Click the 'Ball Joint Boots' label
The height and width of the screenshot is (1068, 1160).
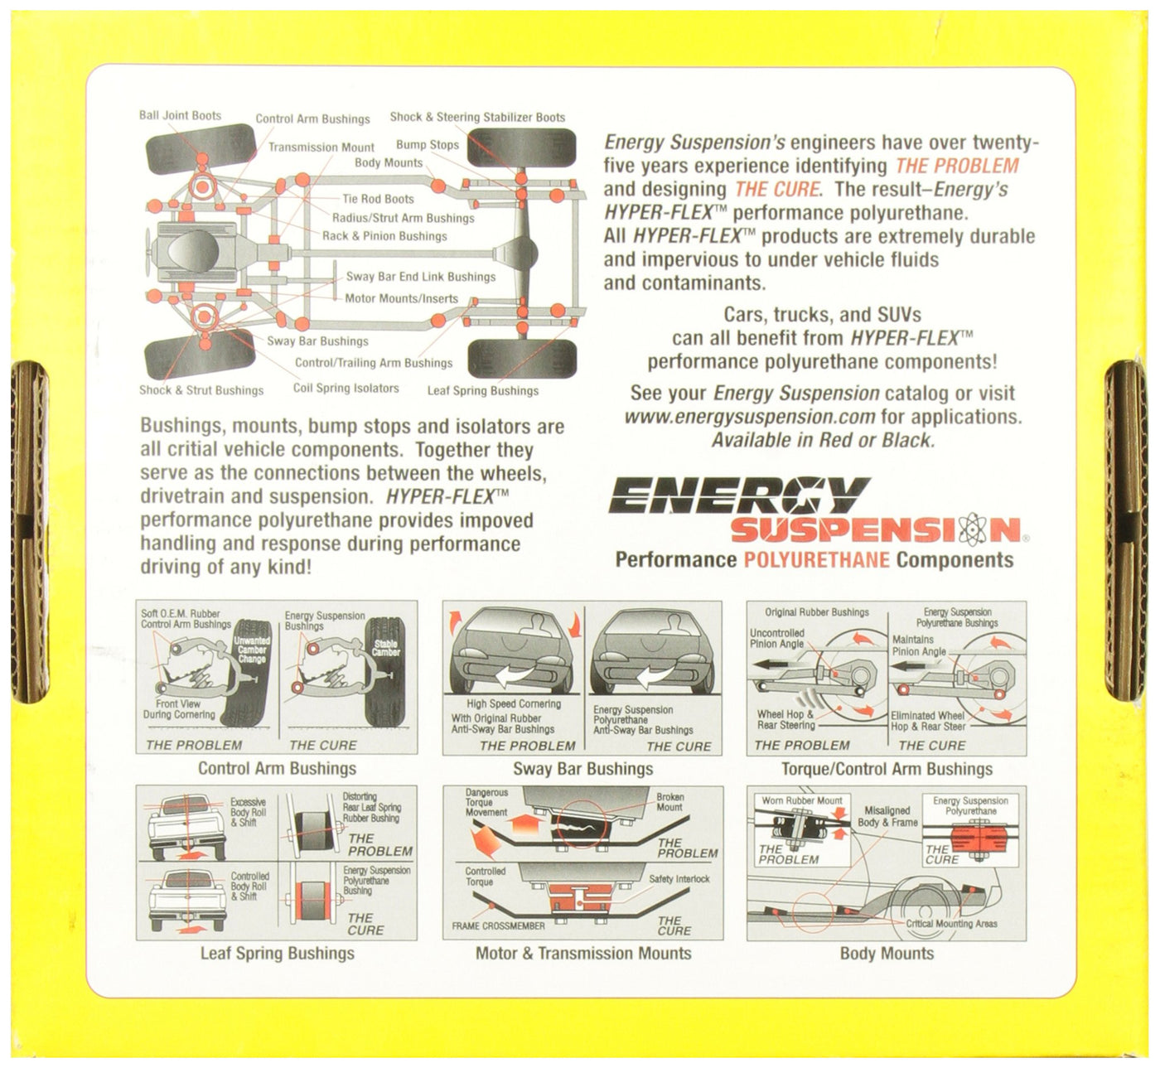coord(180,116)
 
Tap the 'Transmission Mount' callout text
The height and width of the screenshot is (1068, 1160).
coord(321,147)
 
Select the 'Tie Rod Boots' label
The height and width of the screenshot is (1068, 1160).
coord(378,199)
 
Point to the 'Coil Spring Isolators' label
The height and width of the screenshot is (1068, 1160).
coord(346,388)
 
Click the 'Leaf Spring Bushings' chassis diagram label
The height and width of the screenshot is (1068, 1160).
coord(483,391)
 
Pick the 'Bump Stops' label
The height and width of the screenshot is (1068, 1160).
coord(428,144)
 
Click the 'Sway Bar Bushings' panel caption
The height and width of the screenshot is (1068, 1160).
coord(582,769)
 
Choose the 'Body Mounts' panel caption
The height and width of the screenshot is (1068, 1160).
coord(887,954)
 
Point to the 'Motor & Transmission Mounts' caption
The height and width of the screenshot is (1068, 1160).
coord(582,954)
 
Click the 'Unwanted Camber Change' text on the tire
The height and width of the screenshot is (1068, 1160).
coord(252,650)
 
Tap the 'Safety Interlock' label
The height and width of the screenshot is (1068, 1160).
coord(679,879)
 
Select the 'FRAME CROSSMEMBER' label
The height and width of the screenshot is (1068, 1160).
coord(498,925)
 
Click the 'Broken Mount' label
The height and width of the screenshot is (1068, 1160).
coord(669,802)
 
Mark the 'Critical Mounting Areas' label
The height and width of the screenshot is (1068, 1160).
coord(951,924)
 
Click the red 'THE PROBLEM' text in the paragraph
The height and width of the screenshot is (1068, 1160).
coord(956,166)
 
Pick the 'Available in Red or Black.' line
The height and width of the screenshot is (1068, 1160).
coord(823,440)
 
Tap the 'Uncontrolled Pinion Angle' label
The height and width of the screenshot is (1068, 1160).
coord(777,638)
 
